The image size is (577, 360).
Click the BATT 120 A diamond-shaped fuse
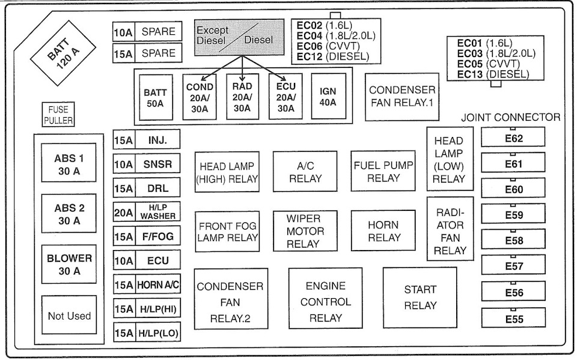pos(63,53)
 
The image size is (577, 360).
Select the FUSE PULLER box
pos(58,114)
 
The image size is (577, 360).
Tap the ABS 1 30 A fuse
pos(69,163)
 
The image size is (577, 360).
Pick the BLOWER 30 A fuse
pos(69,264)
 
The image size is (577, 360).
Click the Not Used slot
pos(69,315)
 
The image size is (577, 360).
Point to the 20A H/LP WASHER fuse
pos(147,212)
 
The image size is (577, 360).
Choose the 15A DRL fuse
pos(147,188)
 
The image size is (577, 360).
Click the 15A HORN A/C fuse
pos(147,284)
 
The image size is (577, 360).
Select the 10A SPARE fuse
pos(147,31)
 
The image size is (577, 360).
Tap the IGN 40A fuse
pos(329,96)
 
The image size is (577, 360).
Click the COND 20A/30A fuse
pos(200,97)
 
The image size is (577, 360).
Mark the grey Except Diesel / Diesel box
pos(239,37)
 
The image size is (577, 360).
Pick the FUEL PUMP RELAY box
pos(383,171)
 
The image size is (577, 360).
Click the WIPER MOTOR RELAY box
pos(305,231)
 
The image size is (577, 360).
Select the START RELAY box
pos(420,297)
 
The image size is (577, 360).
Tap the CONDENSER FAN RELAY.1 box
pos(402,96)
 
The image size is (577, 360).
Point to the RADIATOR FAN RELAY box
pos(450,229)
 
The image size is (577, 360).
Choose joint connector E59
pos(513,214)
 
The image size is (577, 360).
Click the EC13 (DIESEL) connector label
pos(493,74)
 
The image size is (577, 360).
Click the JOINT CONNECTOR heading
pos(511,117)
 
